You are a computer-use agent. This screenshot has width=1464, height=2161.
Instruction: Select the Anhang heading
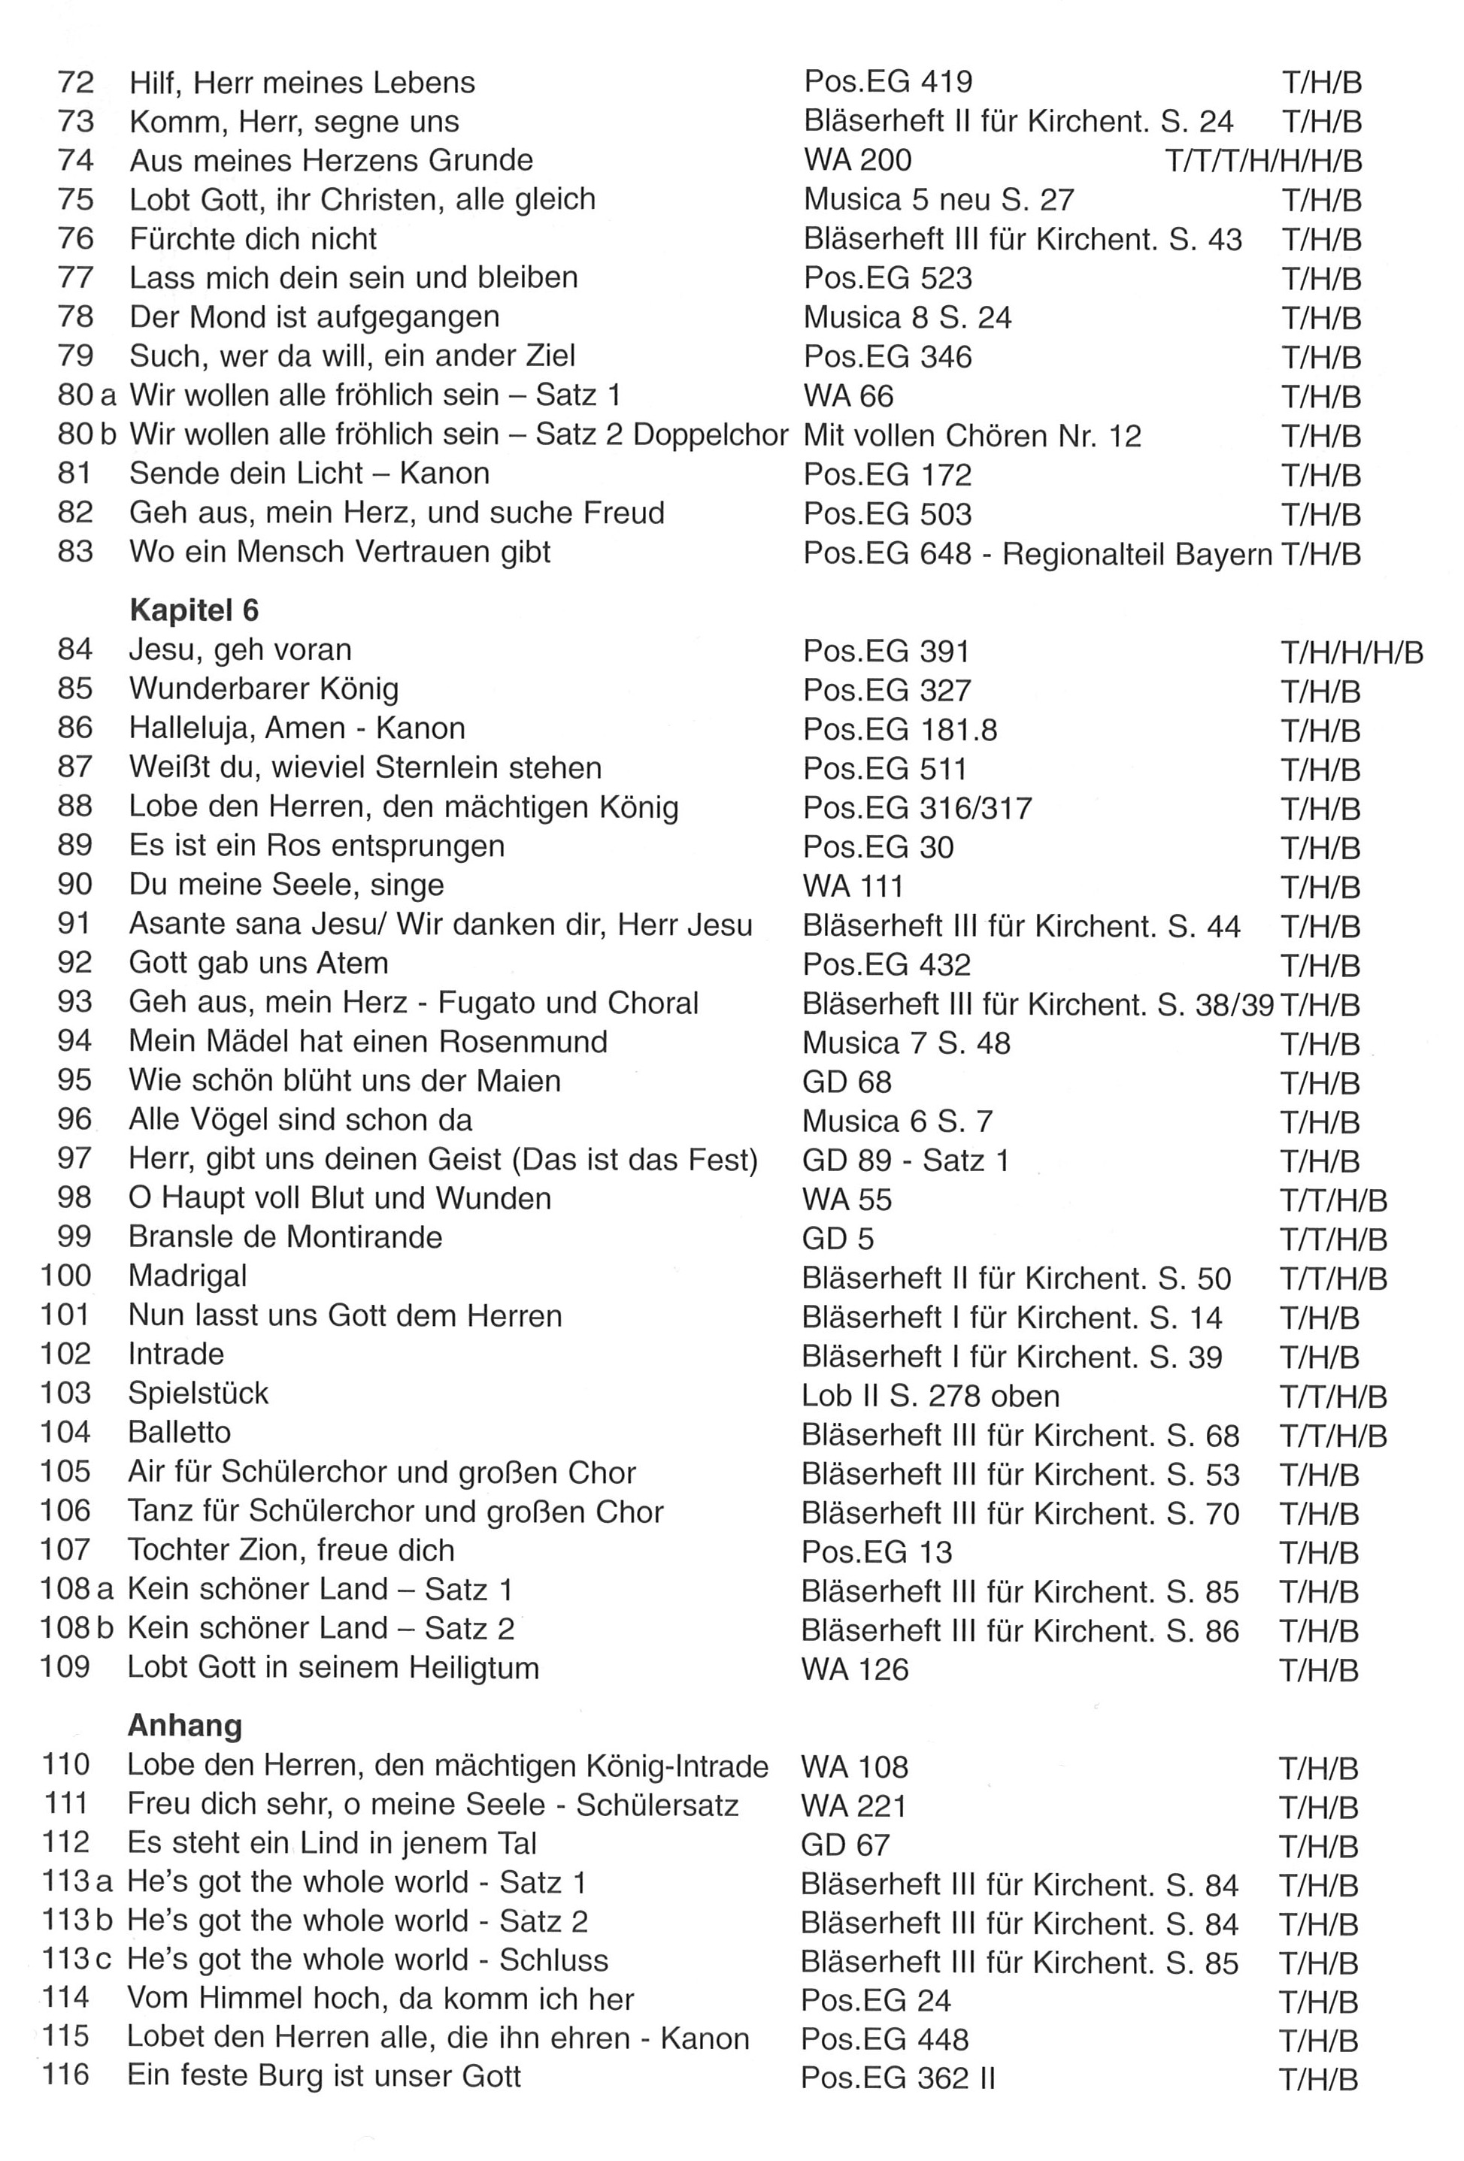tap(184, 1725)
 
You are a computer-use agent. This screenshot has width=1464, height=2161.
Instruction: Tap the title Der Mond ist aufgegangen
tap(314, 317)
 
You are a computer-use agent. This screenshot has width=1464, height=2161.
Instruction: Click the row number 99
tap(74, 1236)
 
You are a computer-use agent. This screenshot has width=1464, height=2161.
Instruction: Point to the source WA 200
tap(856, 160)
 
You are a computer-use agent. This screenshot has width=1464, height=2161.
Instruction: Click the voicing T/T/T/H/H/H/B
tap(1262, 162)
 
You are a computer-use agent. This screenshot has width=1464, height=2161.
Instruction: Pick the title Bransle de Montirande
tap(285, 1236)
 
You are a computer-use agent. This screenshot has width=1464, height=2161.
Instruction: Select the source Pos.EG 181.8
tap(899, 729)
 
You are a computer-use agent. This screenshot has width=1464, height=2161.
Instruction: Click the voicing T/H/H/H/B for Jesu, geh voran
tap(1350, 652)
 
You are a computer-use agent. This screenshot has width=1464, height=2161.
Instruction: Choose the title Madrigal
tap(188, 1276)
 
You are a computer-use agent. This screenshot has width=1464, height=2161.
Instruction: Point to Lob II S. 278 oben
tap(929, 1396)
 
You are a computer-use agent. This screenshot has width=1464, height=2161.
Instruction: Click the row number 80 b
tap(86, 434)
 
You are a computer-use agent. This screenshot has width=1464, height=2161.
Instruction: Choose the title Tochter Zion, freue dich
tap(290, 1550)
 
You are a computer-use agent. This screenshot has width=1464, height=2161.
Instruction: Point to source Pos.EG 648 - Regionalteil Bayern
tap(1036, 553)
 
